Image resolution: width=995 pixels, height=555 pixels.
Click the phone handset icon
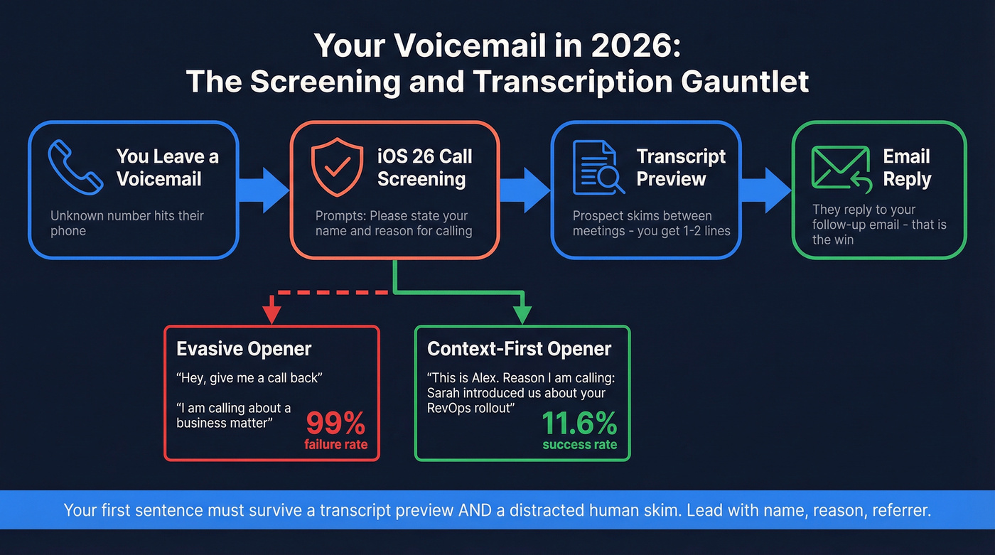click(74, 168)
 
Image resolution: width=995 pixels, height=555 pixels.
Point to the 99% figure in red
click(335, 424)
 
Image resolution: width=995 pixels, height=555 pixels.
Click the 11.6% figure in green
click(579, 424)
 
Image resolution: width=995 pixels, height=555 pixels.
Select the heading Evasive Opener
click(244, 349)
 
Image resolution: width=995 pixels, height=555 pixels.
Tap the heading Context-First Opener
click(519, 349)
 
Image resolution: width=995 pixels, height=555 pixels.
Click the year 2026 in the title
click(631, 45)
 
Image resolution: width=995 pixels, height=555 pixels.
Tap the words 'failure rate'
click(335, 445)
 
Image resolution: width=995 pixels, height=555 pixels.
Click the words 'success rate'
click(579, 445)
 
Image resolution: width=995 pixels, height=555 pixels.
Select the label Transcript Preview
click(680, 168)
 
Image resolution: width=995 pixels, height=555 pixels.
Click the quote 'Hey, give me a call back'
click(249, 378)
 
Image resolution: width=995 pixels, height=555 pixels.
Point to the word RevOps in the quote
click(454, 408)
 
